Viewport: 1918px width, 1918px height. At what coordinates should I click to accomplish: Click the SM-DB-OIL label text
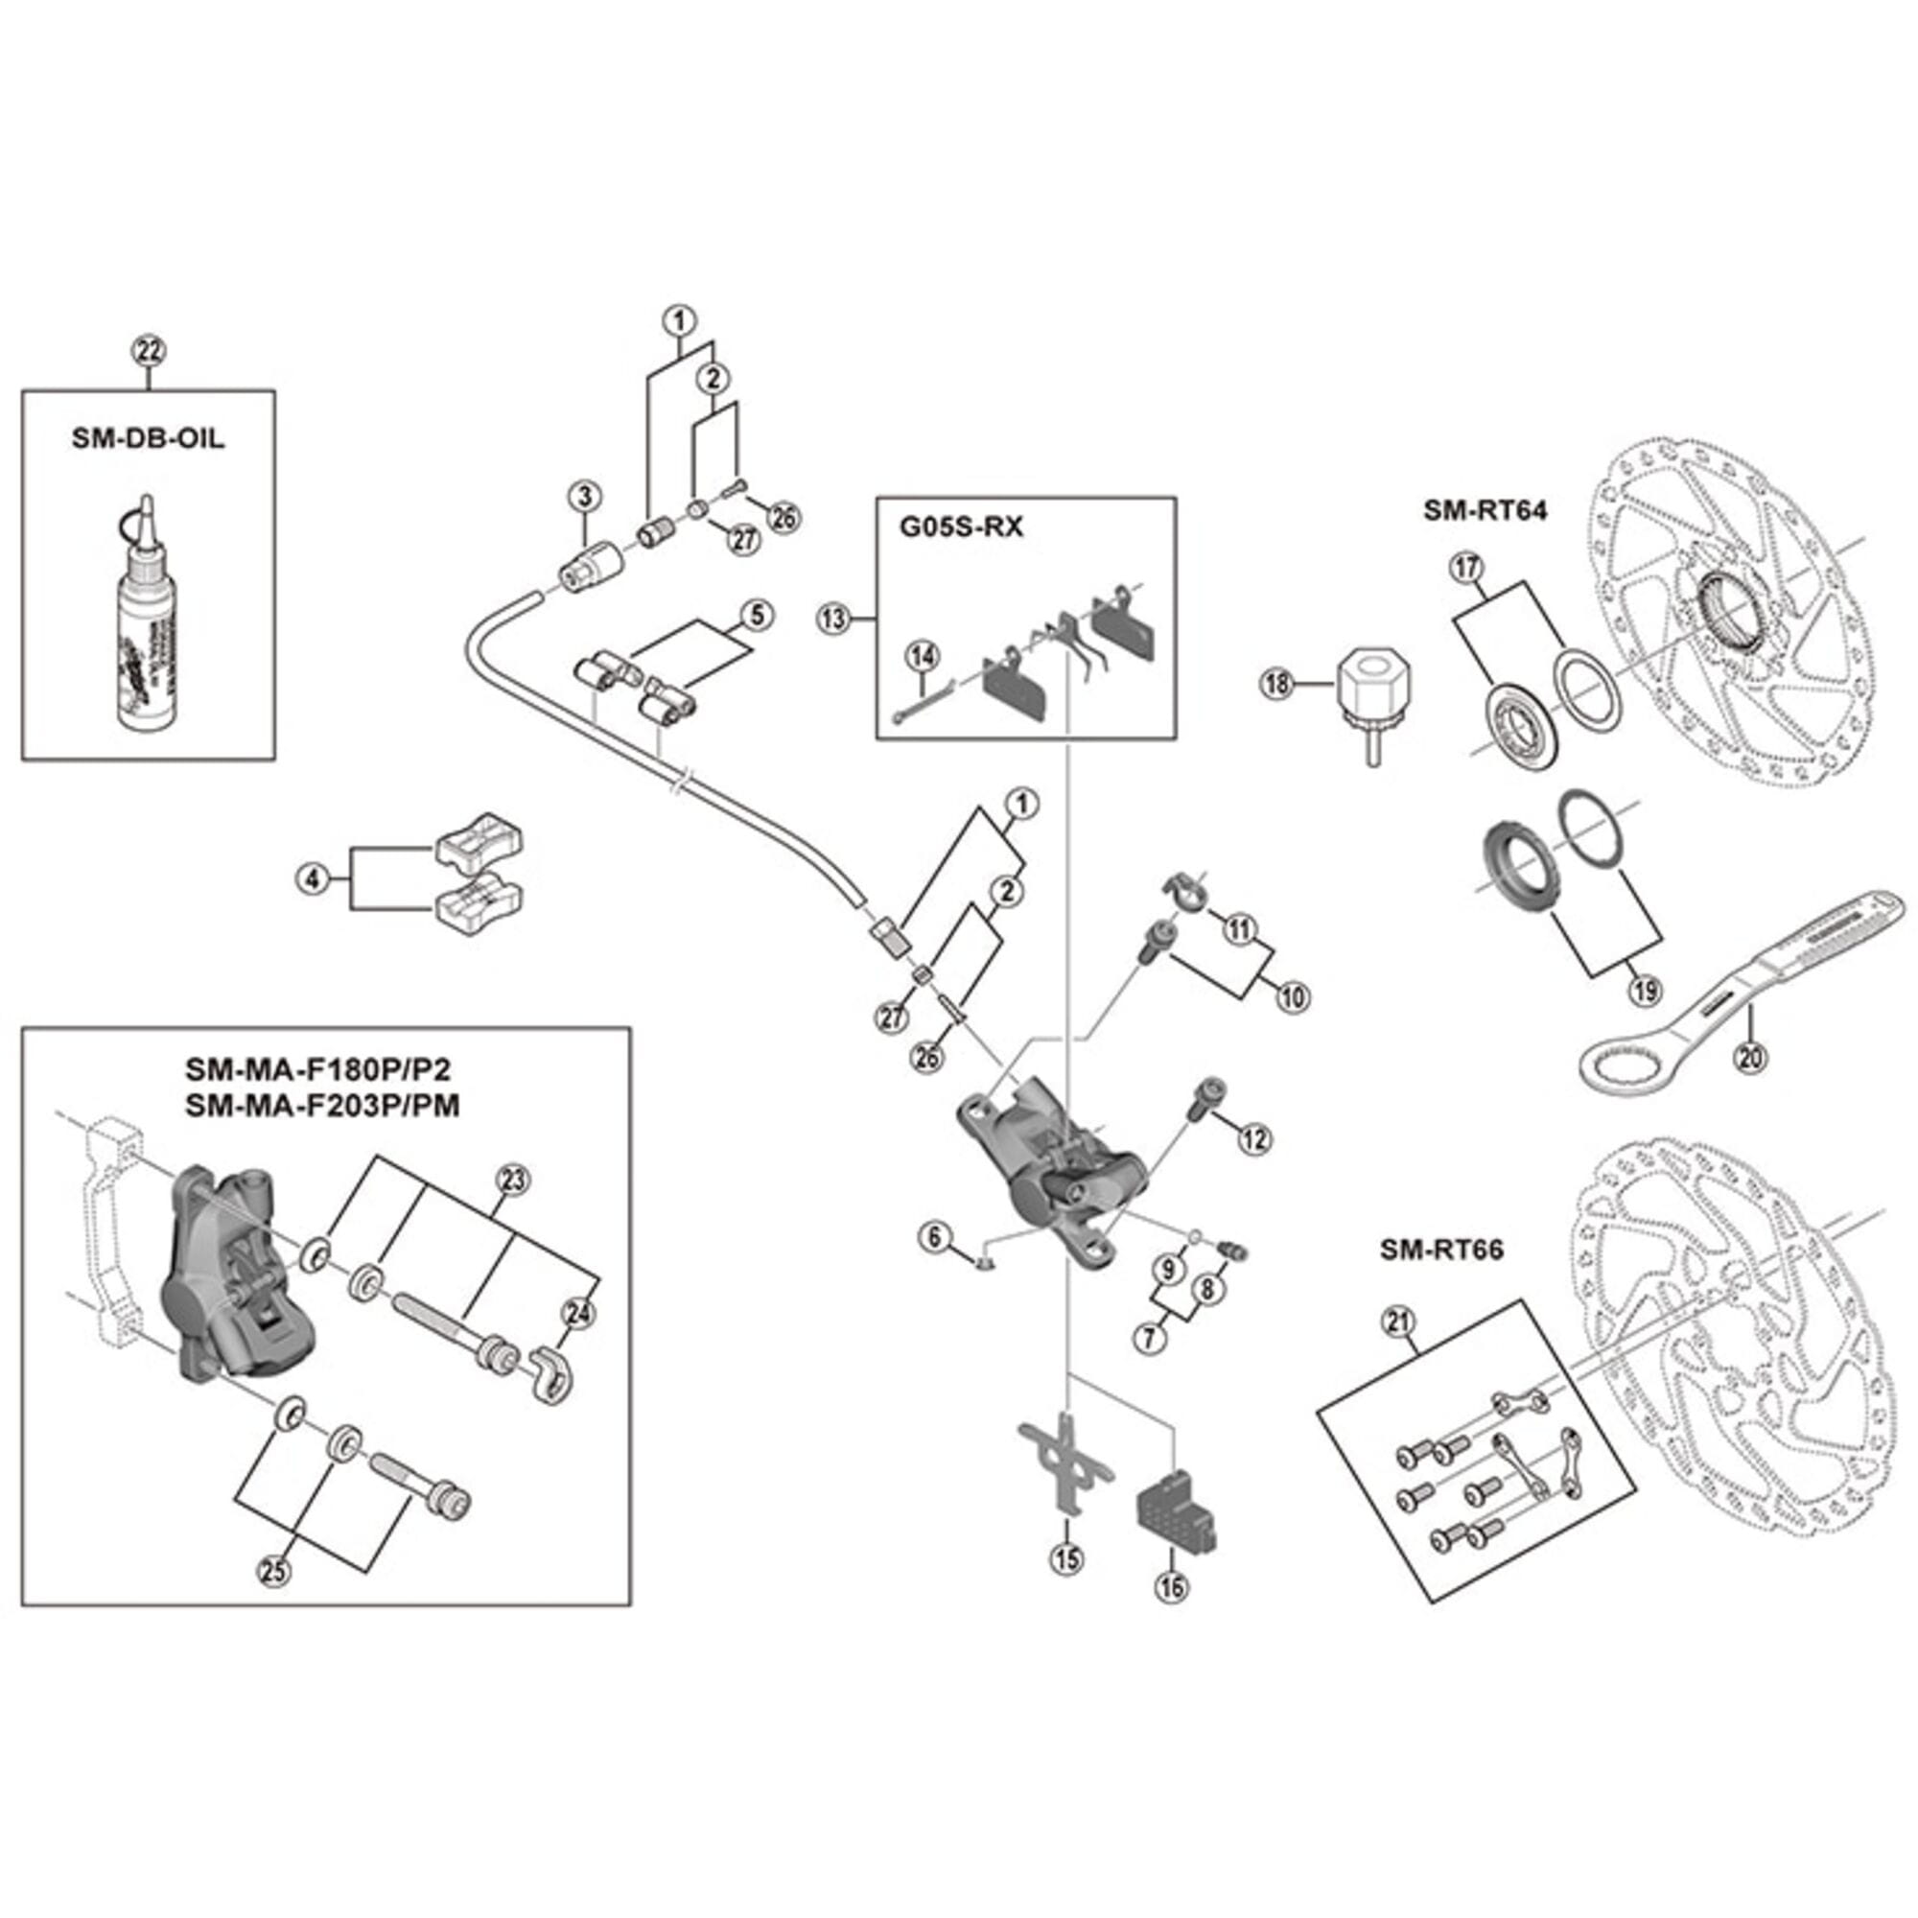click(x=148, y=439)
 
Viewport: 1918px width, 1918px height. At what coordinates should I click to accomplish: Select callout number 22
click(x=149, y=350)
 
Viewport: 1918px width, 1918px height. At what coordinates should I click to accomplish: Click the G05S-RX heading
click(x=960, y=527)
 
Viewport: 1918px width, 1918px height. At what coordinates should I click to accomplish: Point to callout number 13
click(x=834, y=620)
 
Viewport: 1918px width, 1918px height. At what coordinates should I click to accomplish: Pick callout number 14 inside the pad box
click(x=923, y=656)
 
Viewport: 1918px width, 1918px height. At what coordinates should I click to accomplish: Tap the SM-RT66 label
click(x=1441, y=1250)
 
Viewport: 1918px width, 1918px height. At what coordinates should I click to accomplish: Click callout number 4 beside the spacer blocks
click(x=314, y=878)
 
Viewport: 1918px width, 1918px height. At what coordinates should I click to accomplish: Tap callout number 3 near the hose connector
click(x=585, y=496)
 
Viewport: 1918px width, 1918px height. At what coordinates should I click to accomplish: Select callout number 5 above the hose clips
click(x=757, y=616)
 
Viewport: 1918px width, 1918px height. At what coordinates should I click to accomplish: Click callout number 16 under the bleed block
click(x=1172, y=1585)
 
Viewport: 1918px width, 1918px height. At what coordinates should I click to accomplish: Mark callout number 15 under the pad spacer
click(x=1067, y=1558)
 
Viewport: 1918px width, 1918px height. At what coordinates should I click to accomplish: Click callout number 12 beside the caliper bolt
click(x=1254, y=1138)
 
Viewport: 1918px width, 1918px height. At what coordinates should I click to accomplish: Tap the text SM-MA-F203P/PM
click(x=322, y=1105)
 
